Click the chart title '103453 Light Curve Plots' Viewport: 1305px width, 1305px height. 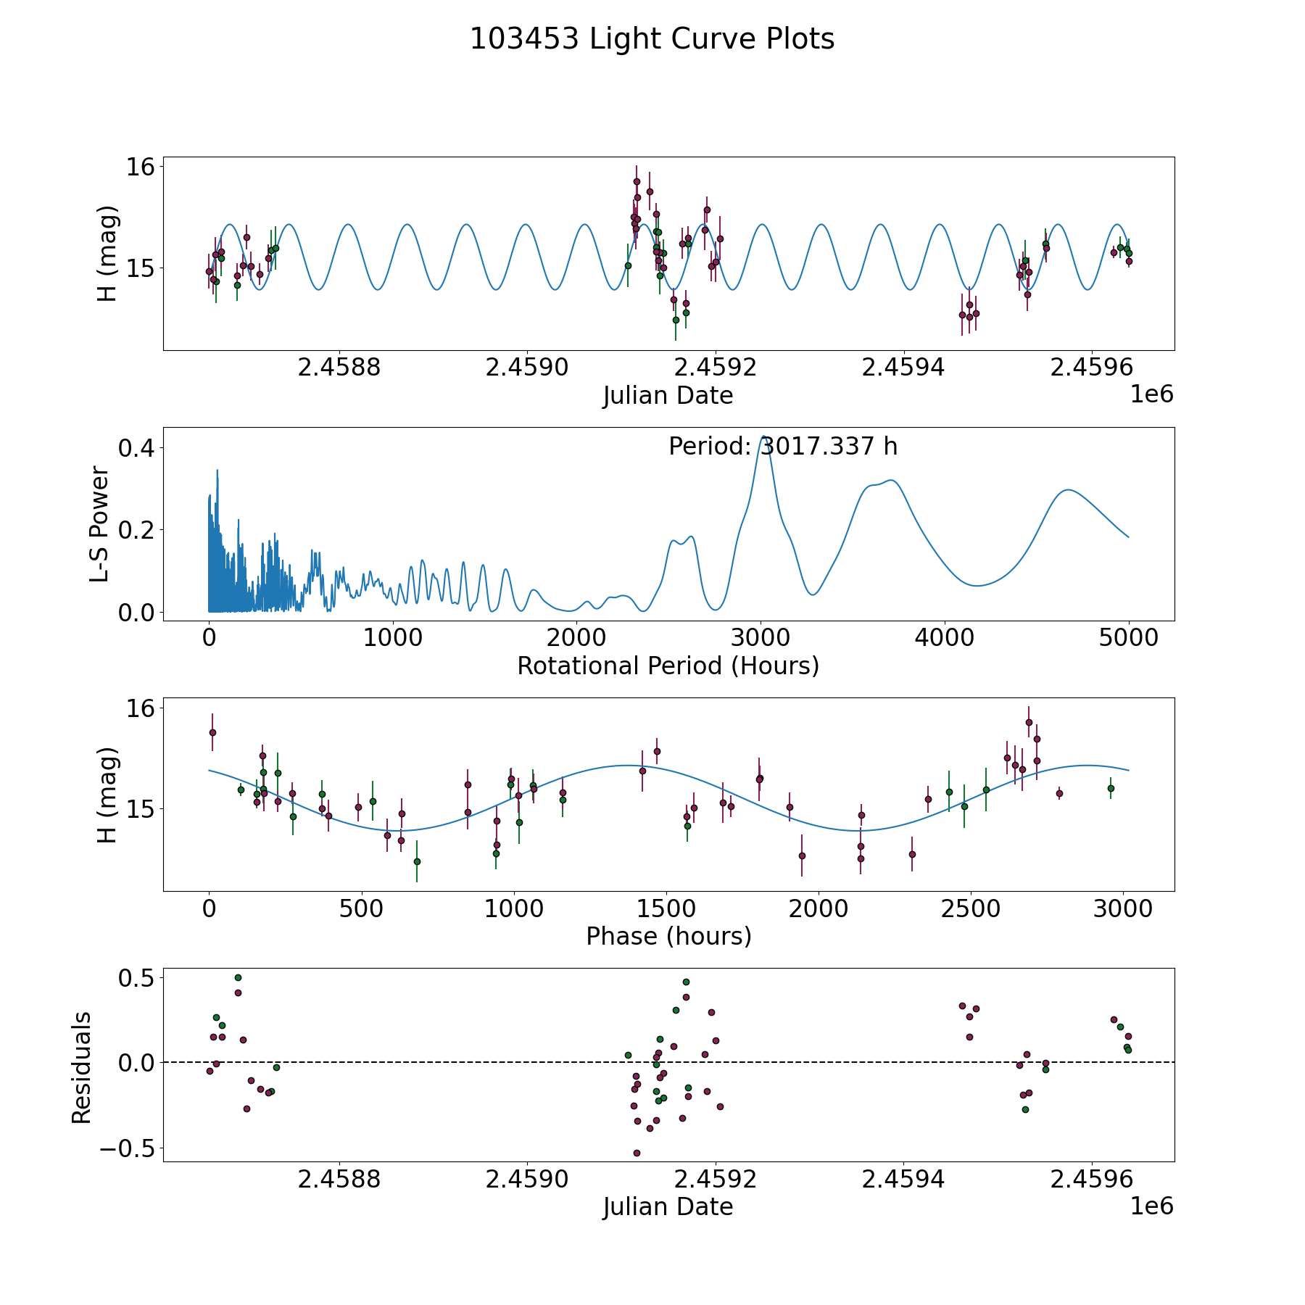pos(652,39)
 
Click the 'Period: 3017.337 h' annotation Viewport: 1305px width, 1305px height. pos(783,446)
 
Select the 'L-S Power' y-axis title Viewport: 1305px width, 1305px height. pos(100,524)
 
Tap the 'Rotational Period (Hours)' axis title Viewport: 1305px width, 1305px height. pos(668,666)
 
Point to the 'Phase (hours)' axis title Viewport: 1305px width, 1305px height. pos(668,936)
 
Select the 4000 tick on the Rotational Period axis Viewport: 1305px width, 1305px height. pos(945,638)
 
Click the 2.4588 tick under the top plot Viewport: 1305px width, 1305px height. pos(339,368)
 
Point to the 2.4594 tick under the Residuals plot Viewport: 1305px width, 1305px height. pos(903,1180)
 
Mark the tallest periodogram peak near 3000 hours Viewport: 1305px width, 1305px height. pos(763,437)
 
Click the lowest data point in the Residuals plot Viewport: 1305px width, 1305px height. pos(637,1153)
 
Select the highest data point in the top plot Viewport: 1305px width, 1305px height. pos(637,181)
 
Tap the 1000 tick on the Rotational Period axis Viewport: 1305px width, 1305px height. pos(393,638)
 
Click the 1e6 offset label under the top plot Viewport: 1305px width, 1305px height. pos(1151,394)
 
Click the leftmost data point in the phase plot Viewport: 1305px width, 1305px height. pos(212,732)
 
